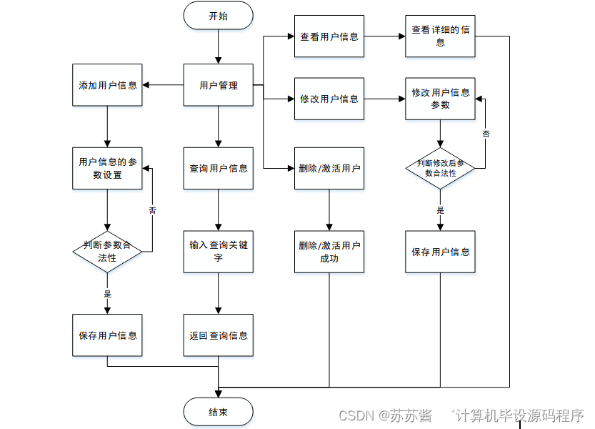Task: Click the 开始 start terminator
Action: pyautogui.click(x=218, y=16)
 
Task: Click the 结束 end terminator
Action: pyautogui.click(x=218, y=412)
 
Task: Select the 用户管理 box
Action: pyautogui.click(x=218, y=85)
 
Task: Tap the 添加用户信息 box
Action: pyautogui.click(x=107, y=85)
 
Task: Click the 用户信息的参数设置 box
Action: pyautogui.click(x=107, y=168)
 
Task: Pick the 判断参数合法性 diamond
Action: pyautogui.click(x=107, y=251)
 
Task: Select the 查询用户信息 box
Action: pyautogui.click(x=218, y=168)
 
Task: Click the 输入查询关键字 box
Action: pyautogui.click(x=218, y=251)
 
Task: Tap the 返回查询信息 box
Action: pyautogui.click(x=218, y=335)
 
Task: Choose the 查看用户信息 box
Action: pyautogui.click(x=329, y=36)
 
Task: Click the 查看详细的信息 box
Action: pyautogui.click(x=440, y=36)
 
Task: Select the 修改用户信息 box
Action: pyautogui.click(x=329, y=99)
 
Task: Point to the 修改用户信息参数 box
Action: pyautogui.click(x=440, y=99)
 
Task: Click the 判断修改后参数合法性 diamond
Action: pyautogui.click(x=440, y=168)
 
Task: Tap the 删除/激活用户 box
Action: pyautogui.click(x=329, y=168)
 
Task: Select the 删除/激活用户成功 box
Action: pyautogui.click(x=329, y=251)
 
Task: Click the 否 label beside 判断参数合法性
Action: pyautogui.click(x=152, y=210)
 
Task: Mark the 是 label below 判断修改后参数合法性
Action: pyautogui.click(x=440, y=210)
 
